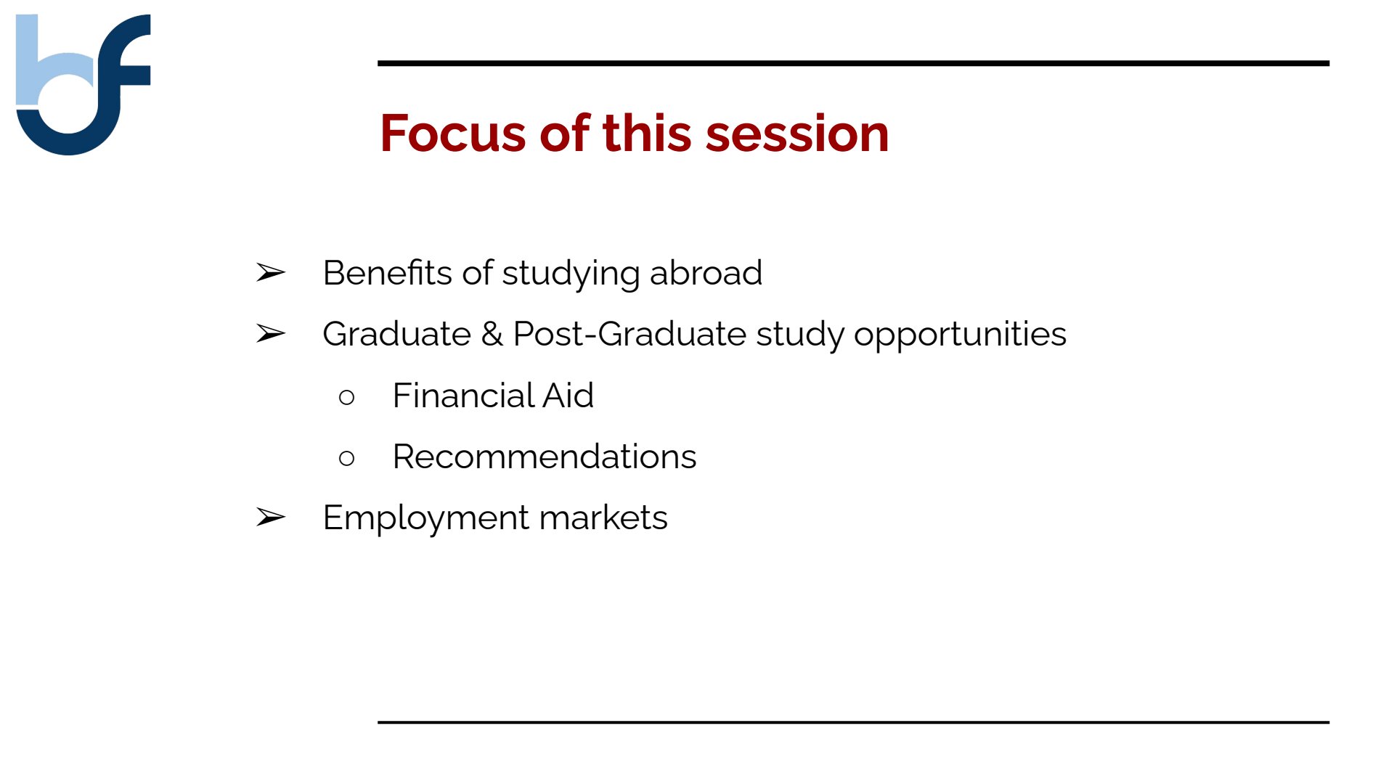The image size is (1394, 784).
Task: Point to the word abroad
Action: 706,273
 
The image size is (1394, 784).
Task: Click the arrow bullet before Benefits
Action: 271,273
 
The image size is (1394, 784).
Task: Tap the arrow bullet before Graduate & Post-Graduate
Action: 271,334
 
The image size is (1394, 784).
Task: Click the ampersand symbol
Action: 492,334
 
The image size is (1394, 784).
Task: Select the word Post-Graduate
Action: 629,334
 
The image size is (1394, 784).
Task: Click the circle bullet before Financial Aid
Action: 347,397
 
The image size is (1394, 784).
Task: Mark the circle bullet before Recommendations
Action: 347,458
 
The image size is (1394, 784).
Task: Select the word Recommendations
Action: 545,457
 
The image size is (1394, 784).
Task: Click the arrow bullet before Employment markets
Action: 271,518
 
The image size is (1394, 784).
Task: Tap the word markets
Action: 603,518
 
